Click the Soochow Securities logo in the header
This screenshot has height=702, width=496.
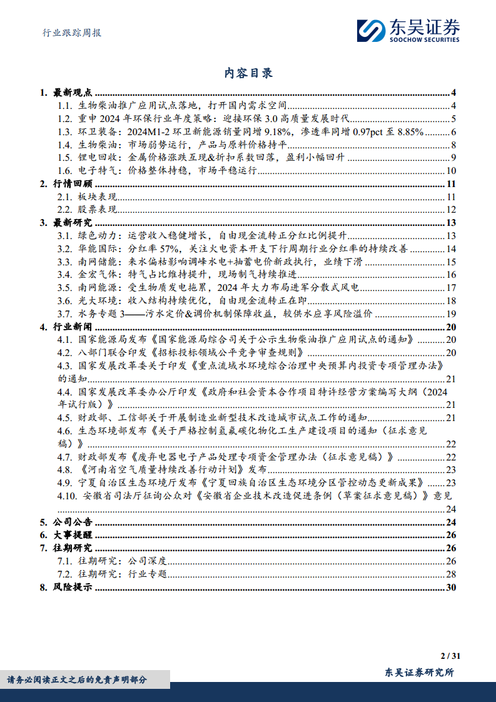408,29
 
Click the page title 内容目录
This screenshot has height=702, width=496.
248,73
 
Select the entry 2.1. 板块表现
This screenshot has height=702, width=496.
91,197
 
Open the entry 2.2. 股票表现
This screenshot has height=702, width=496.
91,210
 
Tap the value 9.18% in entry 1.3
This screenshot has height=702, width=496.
275,131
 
